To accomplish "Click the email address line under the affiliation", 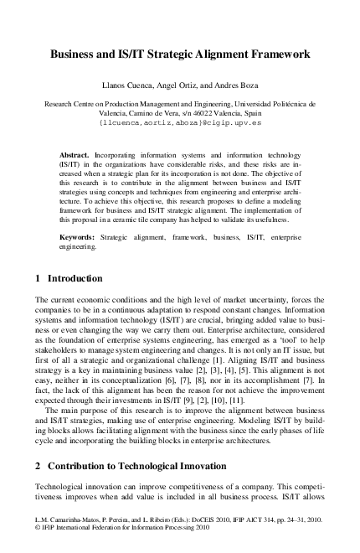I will point(180,121).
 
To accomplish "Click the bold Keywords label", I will point(77,238).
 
